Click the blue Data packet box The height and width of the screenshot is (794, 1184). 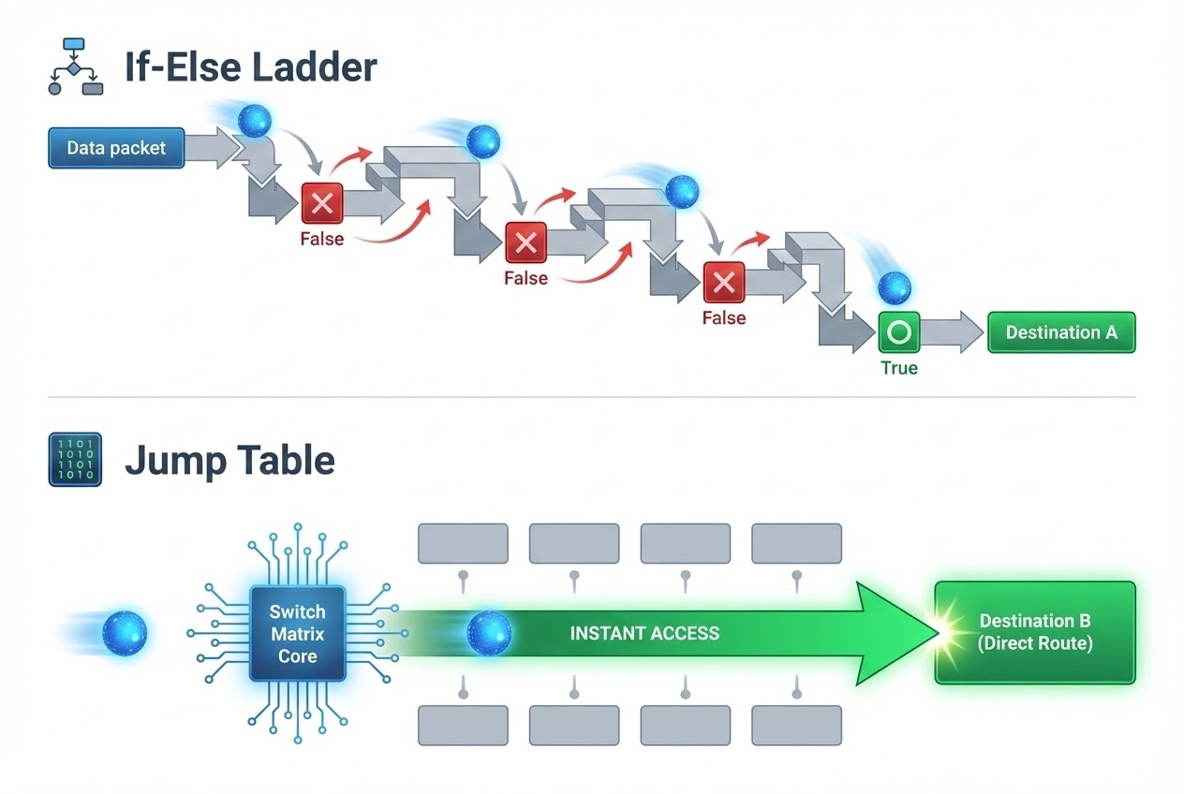click(116, 148)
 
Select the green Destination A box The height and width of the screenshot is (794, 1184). click(1060, 332)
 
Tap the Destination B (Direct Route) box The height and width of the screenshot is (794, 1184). click(1035, 632)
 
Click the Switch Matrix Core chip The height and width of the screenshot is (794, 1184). click(297, 633)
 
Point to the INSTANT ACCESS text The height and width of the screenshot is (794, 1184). click(644, 633)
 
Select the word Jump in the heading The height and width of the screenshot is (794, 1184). click(174, 460)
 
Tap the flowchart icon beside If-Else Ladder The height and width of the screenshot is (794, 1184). click(75, 66)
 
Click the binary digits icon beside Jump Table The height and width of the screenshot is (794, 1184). click(75, 460)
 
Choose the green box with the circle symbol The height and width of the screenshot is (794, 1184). click(898, 332)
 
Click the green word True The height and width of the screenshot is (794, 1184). click(898, 368)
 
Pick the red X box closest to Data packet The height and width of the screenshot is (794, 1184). click(322, 203)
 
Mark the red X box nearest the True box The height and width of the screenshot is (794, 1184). click(723, 282)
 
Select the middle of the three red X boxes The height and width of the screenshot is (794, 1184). click(525, 243)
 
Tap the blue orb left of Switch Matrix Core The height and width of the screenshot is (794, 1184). click(125, 633)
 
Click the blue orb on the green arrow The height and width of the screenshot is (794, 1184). click(489, 633)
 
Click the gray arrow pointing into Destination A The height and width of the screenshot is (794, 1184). click(951, 333)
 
